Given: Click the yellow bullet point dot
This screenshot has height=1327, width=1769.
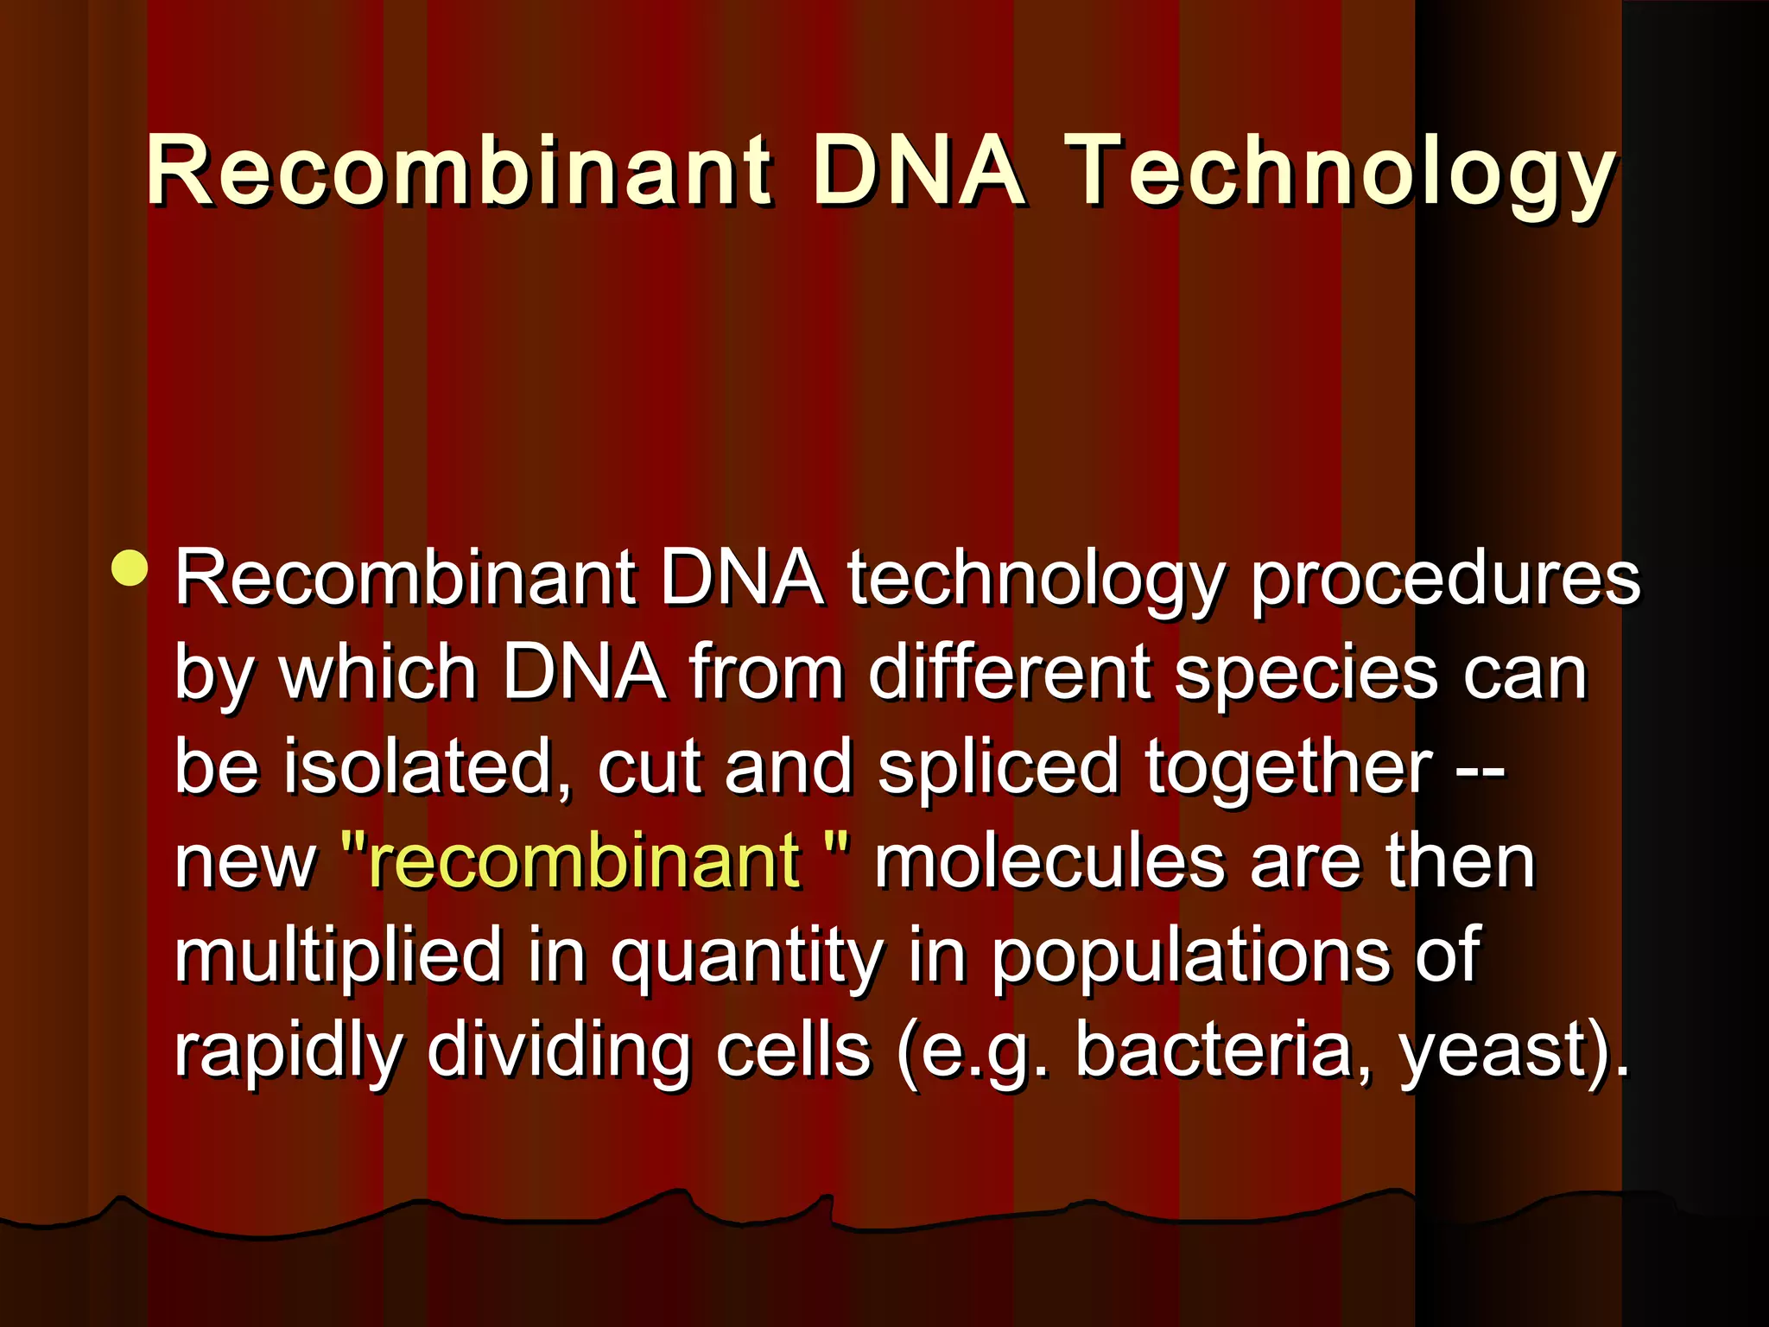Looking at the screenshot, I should click(x=130, y=568).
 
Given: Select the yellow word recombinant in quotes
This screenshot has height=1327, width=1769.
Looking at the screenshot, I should click(x=584, y=860).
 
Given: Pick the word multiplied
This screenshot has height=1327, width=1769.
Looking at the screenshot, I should click(x=338, y=956).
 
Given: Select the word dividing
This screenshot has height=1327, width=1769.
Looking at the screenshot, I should click(x=557, y=1050).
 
